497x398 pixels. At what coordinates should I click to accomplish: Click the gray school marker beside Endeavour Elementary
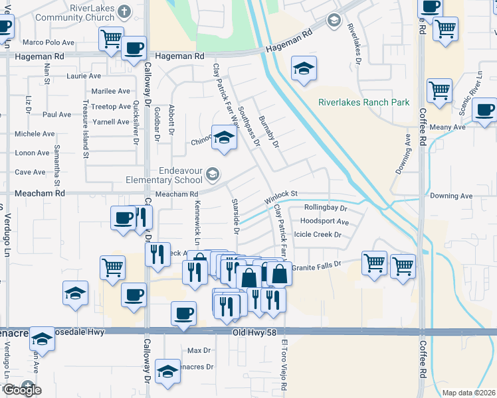click(213, 174)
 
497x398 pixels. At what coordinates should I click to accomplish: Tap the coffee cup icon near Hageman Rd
click(134, 49)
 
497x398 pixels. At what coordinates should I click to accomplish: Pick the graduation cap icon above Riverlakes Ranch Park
click(304, 68)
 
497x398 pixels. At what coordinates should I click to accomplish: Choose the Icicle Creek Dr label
click(318, 234)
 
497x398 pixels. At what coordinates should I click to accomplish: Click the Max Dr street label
click(199, 350)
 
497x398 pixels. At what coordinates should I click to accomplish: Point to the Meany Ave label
click(448, 127)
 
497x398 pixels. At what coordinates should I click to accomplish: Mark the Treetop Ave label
click(110, 106)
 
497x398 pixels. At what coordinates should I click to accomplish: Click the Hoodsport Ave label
click(324, 221)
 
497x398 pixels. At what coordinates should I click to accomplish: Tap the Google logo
click(21, 390)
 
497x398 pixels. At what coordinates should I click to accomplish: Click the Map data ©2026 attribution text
click(468, 393)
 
